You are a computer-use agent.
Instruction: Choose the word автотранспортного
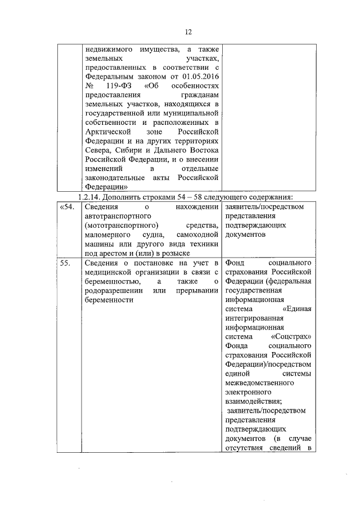(115, 215)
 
